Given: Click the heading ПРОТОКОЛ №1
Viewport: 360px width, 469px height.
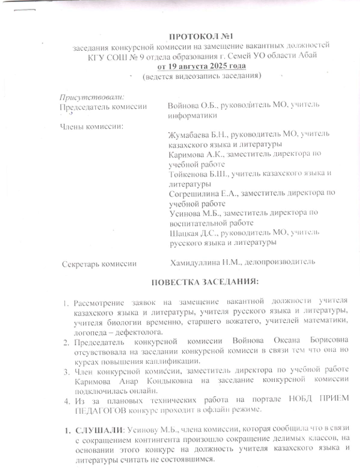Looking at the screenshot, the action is tap(204, 38).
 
